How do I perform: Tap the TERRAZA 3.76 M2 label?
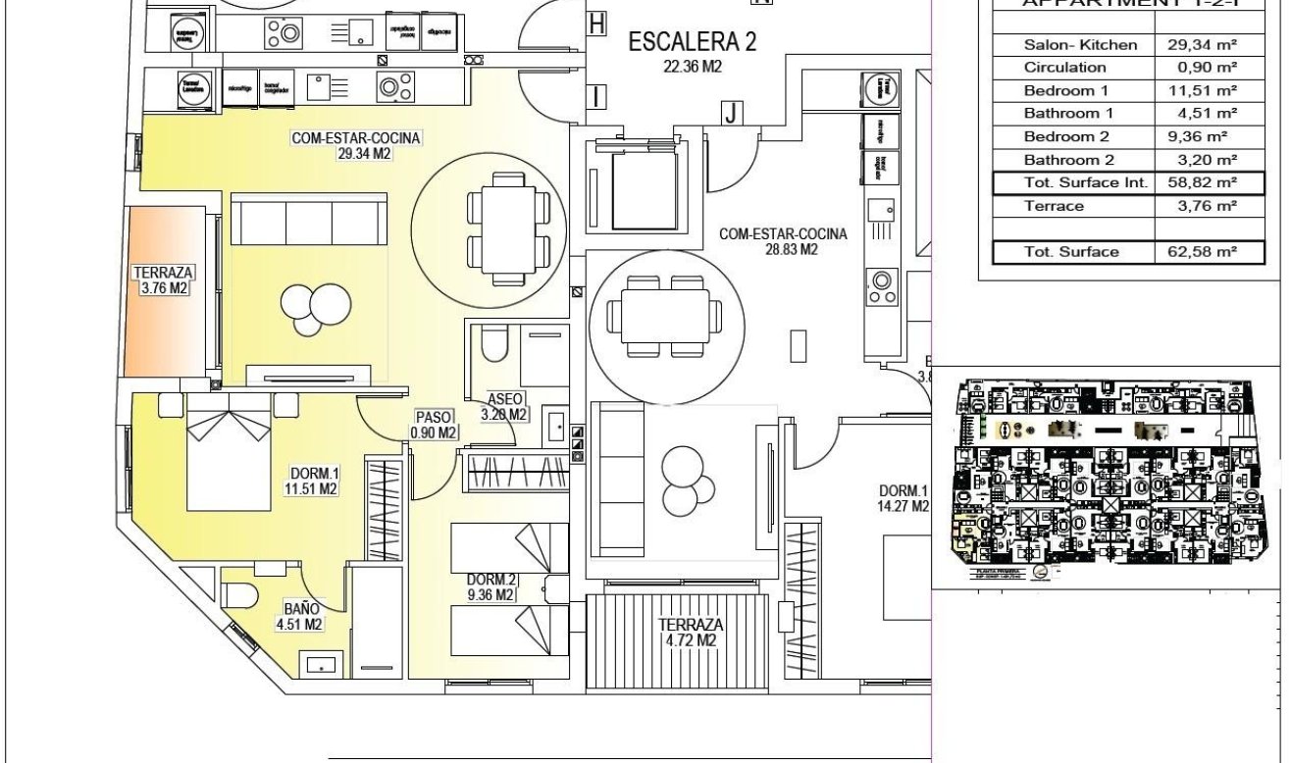[x=163, y=280]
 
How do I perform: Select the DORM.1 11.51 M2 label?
[x=314, y=481]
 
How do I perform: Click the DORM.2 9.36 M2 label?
[x=490, y=586]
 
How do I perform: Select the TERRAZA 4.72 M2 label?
[x=691, y=633]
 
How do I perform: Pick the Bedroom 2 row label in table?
[x=1066, y=136]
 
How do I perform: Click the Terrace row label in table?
[x=1054, y=206]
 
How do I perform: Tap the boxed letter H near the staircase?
[x=595, y=24]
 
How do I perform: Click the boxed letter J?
[x=730, y=113]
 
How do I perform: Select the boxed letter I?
[x=596, y=96]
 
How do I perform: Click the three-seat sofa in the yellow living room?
[x=310, y=219]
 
